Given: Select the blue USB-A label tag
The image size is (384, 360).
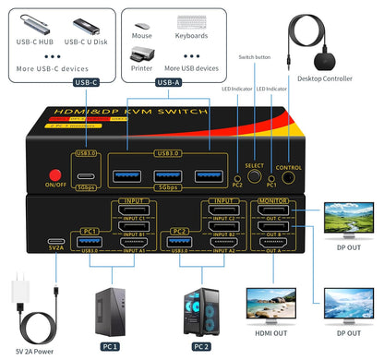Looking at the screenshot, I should coord(169,82).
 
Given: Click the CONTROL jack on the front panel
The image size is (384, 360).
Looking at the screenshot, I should coord(288,154).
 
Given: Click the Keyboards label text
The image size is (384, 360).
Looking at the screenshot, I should coord(191,37).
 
